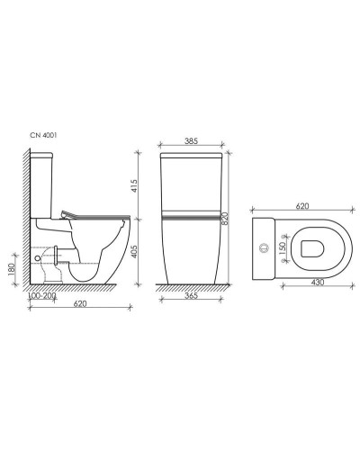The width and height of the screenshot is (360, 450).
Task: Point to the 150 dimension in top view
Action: coord(281,246)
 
